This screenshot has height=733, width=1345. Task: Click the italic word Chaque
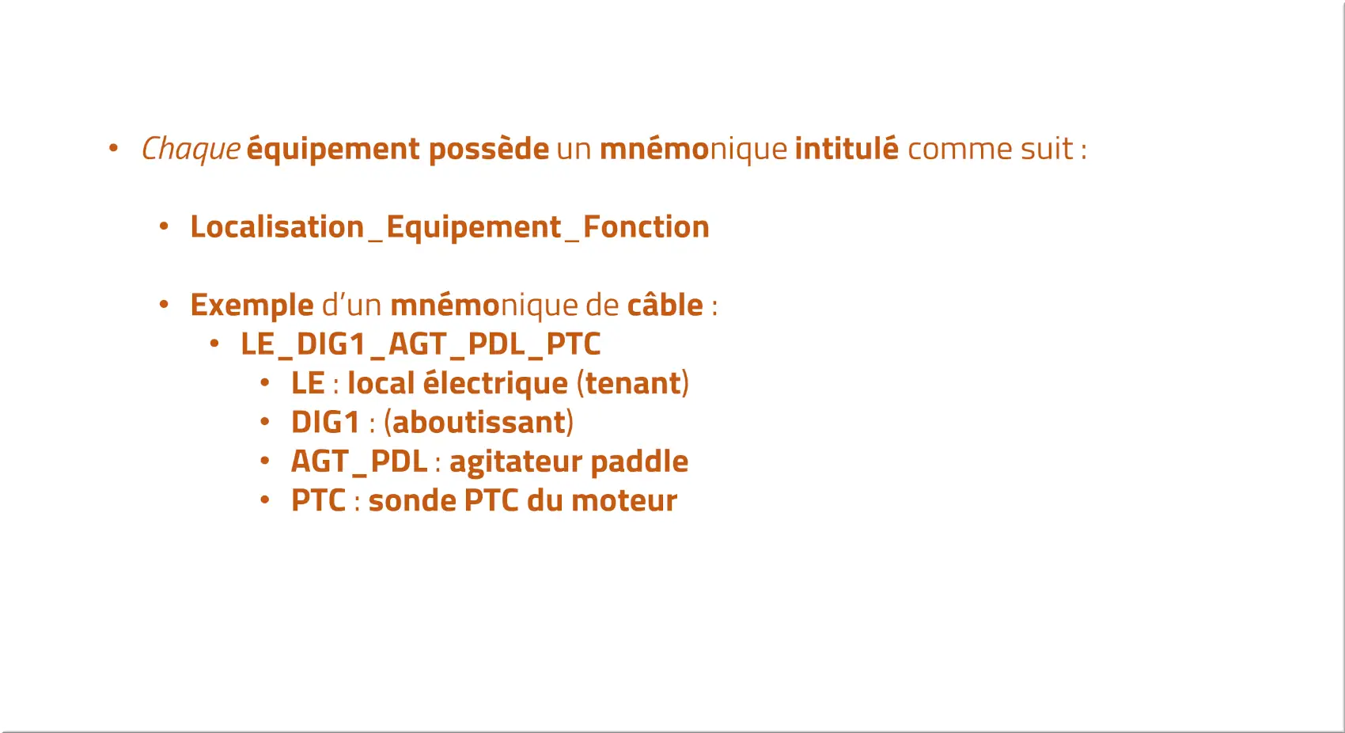point(191,149)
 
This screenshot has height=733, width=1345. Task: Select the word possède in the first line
point(489,149)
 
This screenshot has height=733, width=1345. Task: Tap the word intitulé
point(847,148)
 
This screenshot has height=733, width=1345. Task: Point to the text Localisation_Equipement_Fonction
point(449,227)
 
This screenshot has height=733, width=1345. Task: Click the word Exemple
point(252,306)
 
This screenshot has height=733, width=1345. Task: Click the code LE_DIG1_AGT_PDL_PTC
point(420,344)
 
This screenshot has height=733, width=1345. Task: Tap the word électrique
point(495,383)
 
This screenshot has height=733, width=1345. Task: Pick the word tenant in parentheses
point(633,383)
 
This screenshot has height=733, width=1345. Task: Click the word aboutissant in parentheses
point(479,422)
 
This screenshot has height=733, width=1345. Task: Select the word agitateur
point(516,462)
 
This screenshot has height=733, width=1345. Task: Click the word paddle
point(639,461)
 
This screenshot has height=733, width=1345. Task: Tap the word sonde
point(412,500)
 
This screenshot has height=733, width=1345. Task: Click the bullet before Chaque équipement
point(113,148)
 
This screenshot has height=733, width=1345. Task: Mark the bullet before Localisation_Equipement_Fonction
point(164,226)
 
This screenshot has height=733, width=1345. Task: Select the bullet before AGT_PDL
point(265,461)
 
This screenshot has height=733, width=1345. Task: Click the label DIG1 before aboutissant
point(325,423)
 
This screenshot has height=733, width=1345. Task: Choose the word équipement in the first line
point(333,149)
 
